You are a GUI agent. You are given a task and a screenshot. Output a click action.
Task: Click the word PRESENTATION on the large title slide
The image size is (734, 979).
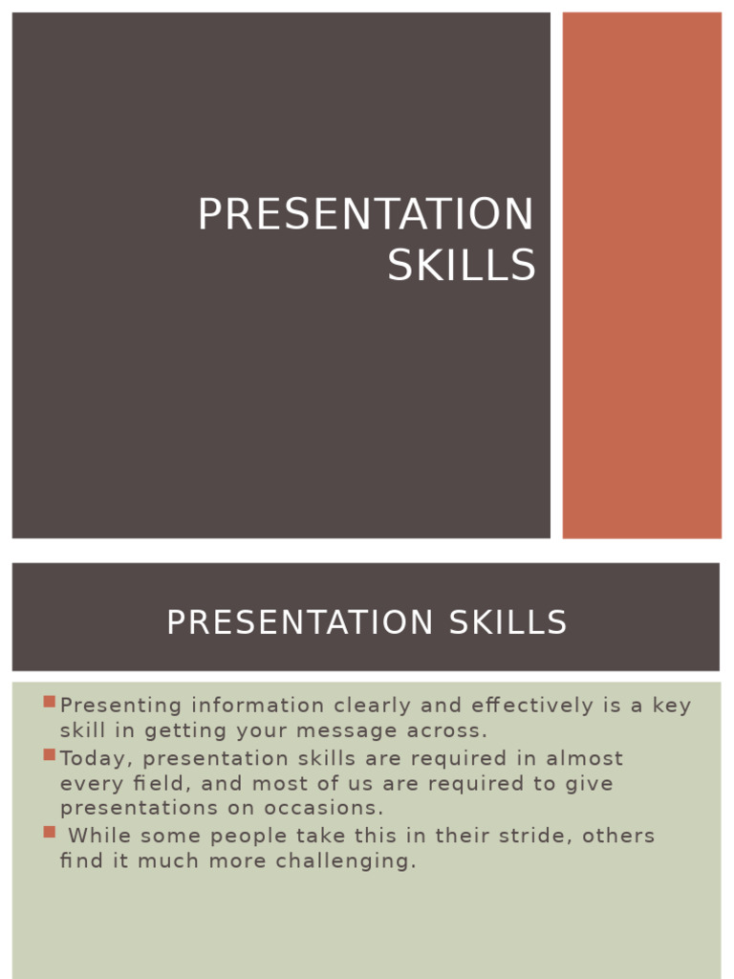coord(365,214)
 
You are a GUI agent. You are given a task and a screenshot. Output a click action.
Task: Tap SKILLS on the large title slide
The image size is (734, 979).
coord(462,266)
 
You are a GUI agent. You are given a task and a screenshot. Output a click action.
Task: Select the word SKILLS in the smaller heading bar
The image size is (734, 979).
coord(506,622)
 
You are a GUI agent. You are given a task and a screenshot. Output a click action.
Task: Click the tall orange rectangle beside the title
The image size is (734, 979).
coord(641,275)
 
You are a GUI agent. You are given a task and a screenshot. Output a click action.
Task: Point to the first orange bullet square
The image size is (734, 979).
coord(49,702)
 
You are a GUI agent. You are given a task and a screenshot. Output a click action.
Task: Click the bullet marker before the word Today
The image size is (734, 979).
coord(49,754)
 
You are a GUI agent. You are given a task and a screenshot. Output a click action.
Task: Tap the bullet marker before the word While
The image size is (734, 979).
coord(49,832)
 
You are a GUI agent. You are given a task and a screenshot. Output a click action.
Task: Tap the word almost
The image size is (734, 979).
coord(584,759)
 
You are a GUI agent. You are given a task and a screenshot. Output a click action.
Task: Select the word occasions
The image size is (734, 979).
coord(330,809)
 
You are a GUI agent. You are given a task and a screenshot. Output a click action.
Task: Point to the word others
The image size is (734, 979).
coord(618,836)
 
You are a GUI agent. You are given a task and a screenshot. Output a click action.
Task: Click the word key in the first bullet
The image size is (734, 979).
coord(672,706)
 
